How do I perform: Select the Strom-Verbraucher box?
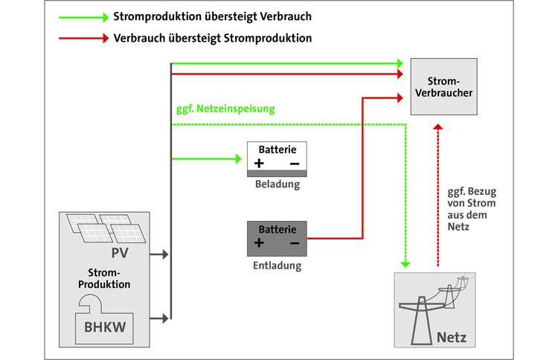point(445,86)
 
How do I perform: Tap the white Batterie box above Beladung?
point(277,158)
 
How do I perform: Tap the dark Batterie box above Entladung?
point(277,237)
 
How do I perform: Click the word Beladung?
point(277,184)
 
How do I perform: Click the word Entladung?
point(277,264)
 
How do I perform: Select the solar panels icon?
point(105,228)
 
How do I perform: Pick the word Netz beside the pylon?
point(452,338)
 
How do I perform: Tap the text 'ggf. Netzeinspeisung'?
point(223,109)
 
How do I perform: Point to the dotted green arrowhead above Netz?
point(405,262)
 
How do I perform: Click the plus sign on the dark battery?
point(259,242)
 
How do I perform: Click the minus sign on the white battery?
point(294,163)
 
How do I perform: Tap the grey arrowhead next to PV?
point(165,254)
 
